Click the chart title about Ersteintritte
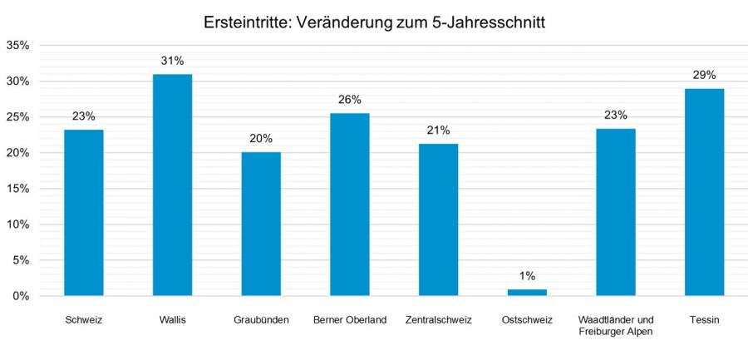(x=374, y=22)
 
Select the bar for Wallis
(x=172, y=185)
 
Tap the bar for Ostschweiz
(x=527, y=293)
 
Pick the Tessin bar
(x=704, y=192)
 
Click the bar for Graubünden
(x=261, y=224)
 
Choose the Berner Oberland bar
(x=350, y=204)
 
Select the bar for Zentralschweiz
(x=438, y=219)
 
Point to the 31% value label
(x=172, y=61)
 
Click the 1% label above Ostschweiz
(x=527, y=276)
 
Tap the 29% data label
(x=704, y=76)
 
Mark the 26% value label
(x=350, y=100)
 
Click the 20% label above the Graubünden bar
(x=261, y=139)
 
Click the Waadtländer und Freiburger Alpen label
(x=616, y=325)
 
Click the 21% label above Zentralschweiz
(x=438, y=131)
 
